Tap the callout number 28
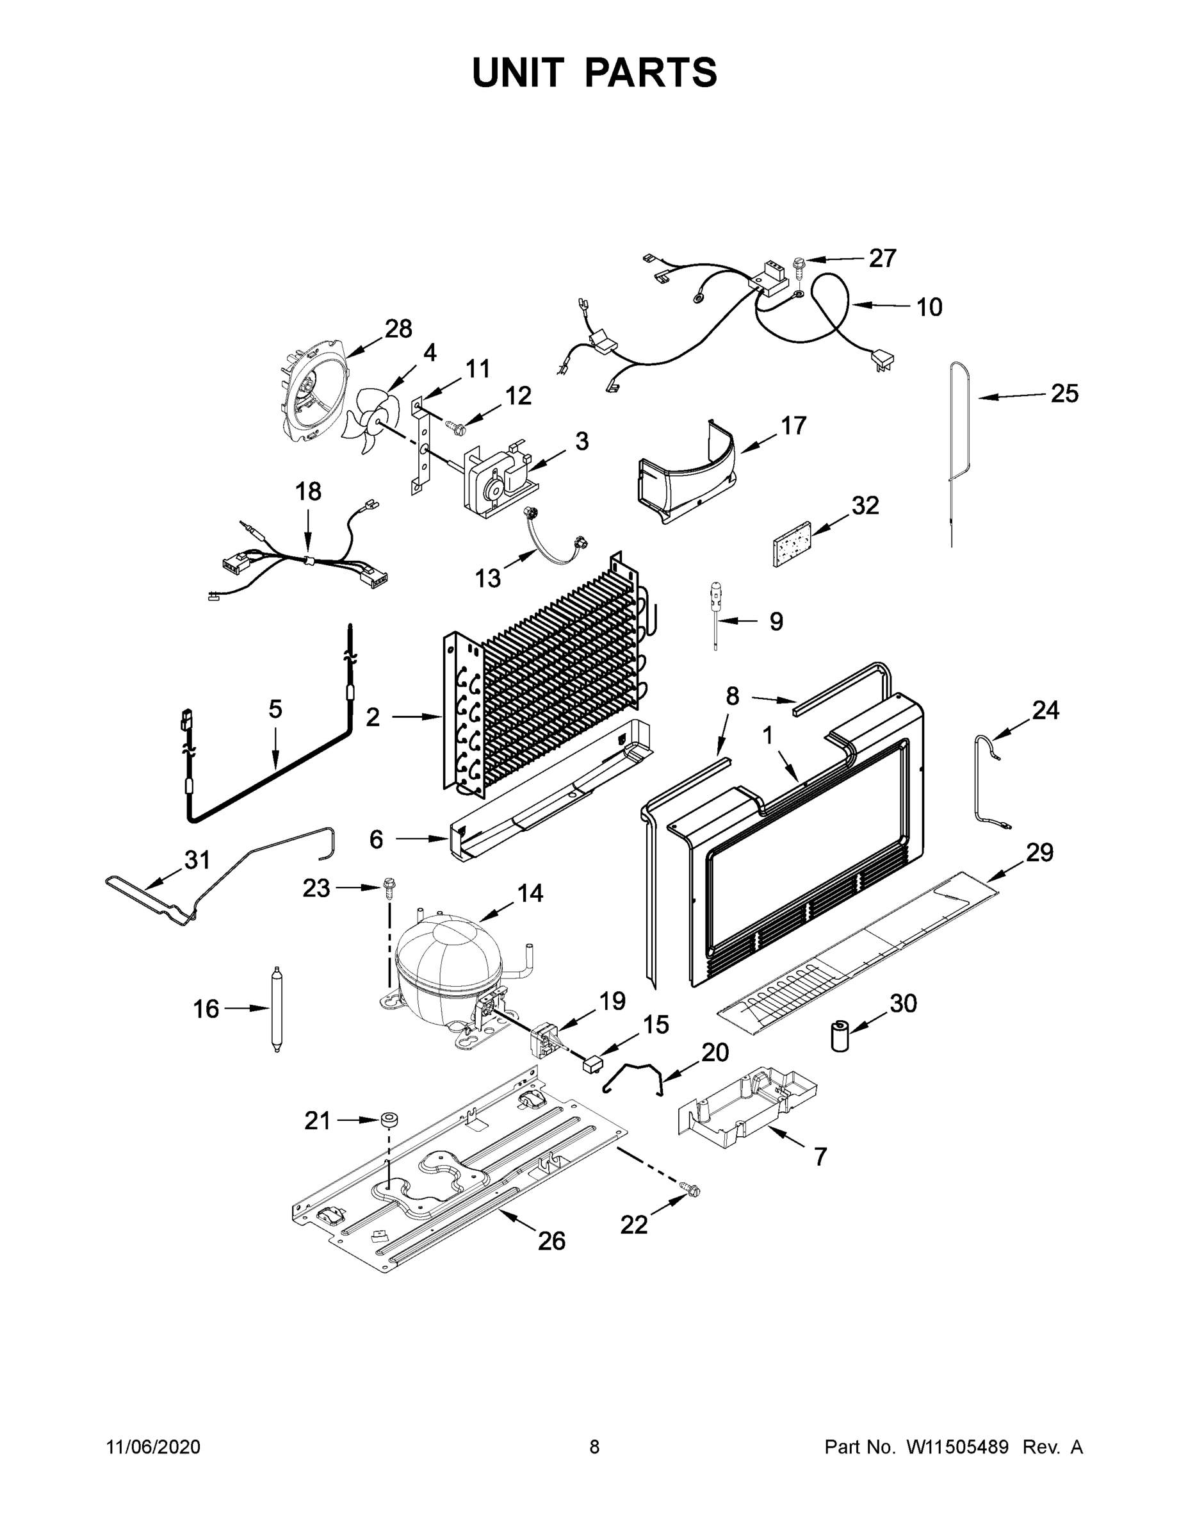tap(398, 328)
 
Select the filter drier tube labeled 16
tap(276, 1009)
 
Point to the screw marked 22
tap(691, 1189)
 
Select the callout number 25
tap(1064, 393)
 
